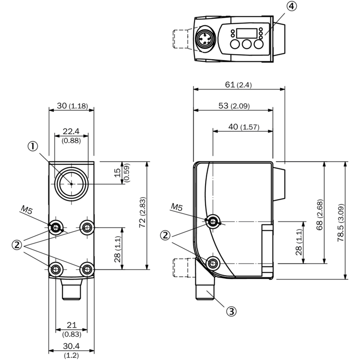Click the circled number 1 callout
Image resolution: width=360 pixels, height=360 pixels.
[x=33, y=146]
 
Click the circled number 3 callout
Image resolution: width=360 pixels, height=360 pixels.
[x=231, y=311]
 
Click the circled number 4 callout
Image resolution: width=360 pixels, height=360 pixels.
[x=292, y=6]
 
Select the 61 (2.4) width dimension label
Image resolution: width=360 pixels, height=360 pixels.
[x=238, y=85]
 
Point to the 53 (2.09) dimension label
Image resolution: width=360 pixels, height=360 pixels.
[x=234, y=106]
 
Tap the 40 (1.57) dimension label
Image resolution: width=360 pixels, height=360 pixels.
[x=244, y=127]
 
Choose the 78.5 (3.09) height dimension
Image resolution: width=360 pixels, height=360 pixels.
[x=341, y=223]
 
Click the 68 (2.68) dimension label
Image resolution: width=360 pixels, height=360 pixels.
[x=319, y=215]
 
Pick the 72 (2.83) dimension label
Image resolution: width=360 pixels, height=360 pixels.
[x=142, y=212]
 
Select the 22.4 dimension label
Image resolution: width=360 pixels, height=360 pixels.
[x=71, y=131]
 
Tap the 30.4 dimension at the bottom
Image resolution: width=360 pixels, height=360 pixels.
[x=72, y=346]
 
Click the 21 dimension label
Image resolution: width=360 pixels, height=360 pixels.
[x=72, y=325]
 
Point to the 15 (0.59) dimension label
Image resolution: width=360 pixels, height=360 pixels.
[x=121, y=173]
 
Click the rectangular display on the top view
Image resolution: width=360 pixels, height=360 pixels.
[x=247, y=33]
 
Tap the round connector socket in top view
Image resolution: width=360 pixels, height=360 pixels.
[x=206, y=39]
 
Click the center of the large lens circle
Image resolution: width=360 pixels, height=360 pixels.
[x=72, y=184]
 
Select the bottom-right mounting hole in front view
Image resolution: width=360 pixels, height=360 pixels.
[x=87, y=269]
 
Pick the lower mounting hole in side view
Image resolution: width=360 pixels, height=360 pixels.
[x=213, y=263]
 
